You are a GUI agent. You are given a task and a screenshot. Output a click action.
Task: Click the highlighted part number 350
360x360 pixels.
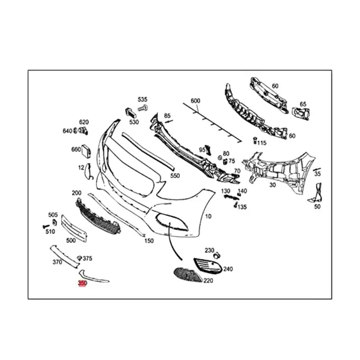(82, 283)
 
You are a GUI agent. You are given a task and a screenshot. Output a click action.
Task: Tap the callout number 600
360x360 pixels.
(195, 101)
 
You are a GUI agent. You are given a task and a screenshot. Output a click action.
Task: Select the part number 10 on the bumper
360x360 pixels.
(208, 216)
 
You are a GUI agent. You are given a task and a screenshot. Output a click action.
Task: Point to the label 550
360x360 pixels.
(175, 175)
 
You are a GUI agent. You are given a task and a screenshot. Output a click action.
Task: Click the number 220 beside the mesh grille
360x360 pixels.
(208, 280)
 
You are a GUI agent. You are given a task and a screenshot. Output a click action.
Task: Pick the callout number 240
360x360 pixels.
(228, 269)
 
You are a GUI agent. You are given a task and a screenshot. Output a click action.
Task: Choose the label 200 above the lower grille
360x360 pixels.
(76, 193)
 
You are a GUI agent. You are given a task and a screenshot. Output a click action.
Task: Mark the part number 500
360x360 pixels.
(71, 240)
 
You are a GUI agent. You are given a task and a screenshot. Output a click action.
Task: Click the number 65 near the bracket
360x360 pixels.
(303, 104)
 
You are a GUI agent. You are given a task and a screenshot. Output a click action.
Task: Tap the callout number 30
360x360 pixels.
(273, 184)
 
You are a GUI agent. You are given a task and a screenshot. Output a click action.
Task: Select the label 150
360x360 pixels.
(149, 241)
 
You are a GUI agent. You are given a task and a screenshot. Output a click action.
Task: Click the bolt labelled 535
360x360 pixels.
(144, 108)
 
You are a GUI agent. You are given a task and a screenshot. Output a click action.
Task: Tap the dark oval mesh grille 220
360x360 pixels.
(188, 273)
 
